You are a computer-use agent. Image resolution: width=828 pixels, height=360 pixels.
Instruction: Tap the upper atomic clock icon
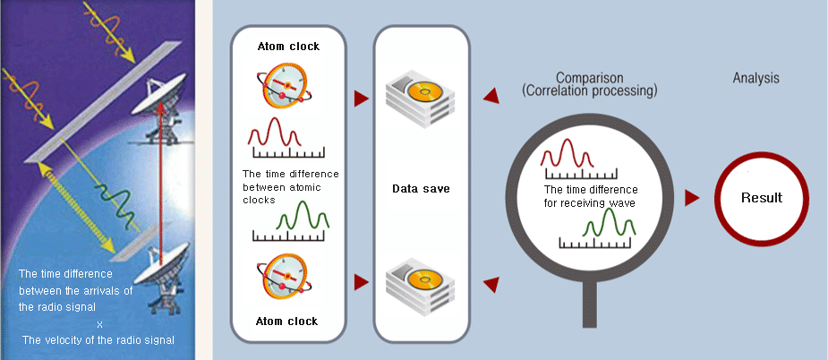[286, 86]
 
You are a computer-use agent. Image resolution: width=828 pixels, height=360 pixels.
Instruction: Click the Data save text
[421, 189]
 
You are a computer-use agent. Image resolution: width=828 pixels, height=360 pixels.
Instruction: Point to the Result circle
[762, 198]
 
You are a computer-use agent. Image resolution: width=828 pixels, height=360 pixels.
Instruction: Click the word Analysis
[756, 78]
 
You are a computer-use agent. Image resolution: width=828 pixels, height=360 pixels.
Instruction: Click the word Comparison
[590, 78]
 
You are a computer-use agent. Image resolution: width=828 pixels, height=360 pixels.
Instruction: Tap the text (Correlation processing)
[590, 91]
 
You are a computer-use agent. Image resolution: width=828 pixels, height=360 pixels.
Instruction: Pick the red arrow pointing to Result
[690, 198]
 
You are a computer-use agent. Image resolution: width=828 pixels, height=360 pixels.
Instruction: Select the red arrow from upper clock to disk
[360, 98]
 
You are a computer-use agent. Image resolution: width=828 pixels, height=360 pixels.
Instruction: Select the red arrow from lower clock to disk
[360, 282]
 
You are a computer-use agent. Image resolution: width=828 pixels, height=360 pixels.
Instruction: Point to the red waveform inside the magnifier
[567, 153]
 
